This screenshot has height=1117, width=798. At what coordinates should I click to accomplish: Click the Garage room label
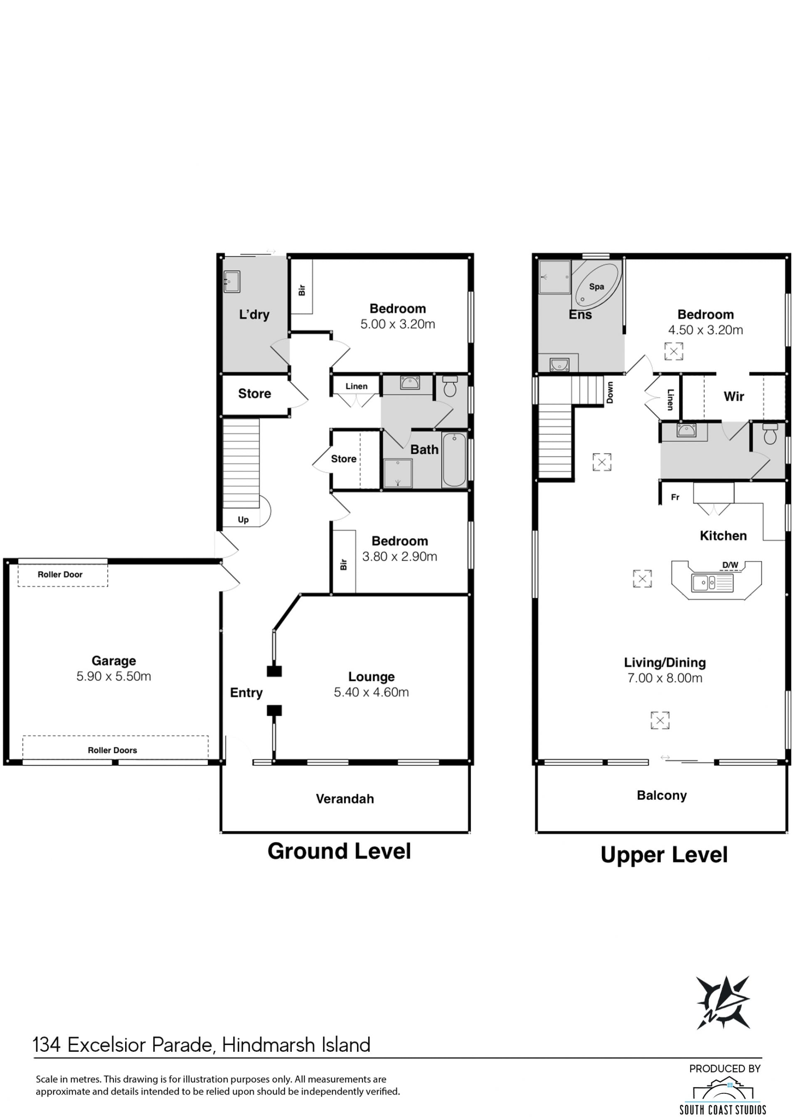(113, 661)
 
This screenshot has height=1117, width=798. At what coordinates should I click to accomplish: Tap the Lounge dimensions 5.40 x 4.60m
(371, 692)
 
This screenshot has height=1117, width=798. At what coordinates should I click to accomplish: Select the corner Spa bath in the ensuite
(596, 284)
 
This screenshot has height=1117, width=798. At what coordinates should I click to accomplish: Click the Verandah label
(345, 799)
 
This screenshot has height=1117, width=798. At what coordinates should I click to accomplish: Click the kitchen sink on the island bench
(712, 583)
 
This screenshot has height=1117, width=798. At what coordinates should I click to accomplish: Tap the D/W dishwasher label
(730, 565)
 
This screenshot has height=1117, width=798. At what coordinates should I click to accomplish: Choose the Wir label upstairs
(734, 396)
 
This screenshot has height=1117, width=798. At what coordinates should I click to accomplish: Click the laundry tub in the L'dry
(232, 281)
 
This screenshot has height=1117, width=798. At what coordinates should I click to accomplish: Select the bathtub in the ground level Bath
(453, 459)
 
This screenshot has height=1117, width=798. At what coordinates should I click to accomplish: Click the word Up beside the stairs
(243, 520)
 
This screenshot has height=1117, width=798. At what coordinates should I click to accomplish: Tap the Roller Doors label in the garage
(112, 750)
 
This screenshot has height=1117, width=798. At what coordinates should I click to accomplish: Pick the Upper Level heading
(664, 855)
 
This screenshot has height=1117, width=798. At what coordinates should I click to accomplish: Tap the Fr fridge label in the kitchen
(675, 497)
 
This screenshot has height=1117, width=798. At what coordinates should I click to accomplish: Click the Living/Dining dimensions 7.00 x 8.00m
(665, 678)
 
